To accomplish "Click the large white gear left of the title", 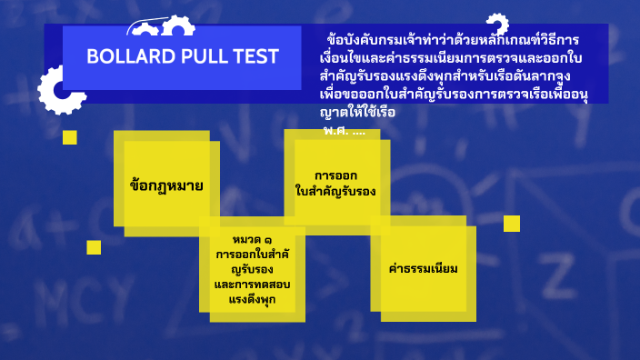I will (57, 89).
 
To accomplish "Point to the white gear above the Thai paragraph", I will (496, 25).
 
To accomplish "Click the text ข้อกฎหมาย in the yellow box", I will (165, 185).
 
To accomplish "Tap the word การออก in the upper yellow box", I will (335, 175).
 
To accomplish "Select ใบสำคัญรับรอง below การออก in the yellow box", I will (335, 192).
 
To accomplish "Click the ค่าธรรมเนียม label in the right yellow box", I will (422, 269).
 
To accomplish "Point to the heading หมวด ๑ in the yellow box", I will (252, 239).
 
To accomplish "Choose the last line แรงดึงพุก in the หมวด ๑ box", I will (252, 299).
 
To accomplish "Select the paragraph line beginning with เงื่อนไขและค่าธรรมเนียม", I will (451, 59).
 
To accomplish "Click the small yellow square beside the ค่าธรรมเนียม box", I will (512, 223).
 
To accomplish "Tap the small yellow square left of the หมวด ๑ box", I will (94, 247).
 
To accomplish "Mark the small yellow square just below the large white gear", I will (70, 137).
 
